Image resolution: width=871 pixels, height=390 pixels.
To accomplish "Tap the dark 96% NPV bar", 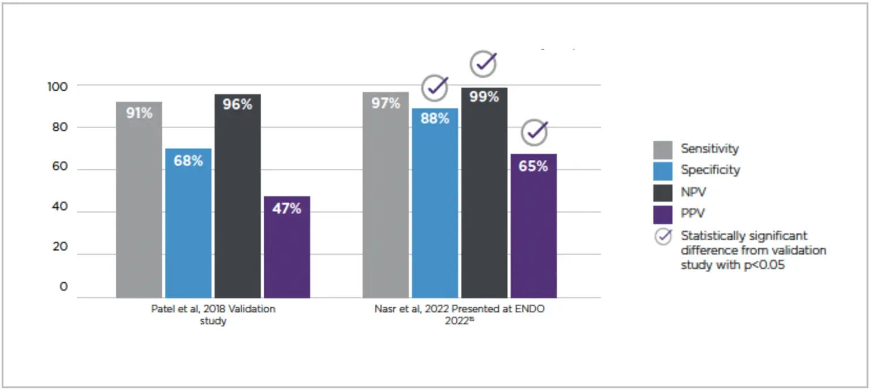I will point(238,196).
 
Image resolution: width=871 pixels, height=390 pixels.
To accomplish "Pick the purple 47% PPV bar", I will point(287,247).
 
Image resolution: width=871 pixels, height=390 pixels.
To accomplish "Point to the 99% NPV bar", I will point(484,192).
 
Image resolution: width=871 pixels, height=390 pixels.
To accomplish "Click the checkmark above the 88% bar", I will point(435,88).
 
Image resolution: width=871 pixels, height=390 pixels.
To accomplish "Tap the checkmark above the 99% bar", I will point(484,64).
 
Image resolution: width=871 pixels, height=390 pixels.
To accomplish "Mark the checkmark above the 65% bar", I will point(534,132).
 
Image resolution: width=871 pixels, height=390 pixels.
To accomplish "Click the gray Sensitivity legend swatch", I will point(663,150).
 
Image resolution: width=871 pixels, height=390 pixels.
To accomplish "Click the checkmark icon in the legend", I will point(663,237).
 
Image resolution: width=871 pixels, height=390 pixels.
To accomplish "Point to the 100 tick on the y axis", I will point(57,86).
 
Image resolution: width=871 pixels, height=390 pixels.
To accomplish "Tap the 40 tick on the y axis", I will point(60,208).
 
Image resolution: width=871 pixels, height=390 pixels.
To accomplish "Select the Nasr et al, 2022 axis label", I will point(459,315).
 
